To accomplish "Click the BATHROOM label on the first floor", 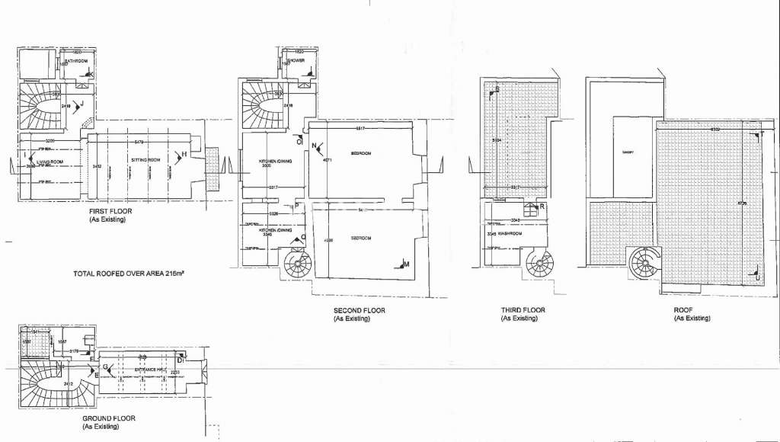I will click(75, 61).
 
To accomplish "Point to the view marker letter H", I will click(184, 155).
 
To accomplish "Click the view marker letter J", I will click(80, 104).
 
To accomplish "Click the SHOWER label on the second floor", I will click(296, 60).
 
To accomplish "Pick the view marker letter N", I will click(314, 146).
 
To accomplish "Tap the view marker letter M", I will click(406, 264).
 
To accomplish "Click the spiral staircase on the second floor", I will click(296, 264).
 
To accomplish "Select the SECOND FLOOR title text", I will click(359, 310).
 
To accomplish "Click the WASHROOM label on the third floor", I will click(510, 233).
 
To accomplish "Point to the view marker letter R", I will click(542, 207).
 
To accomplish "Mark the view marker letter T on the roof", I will click(760, 136).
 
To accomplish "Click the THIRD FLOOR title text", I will click(523, 310).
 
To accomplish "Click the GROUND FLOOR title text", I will click(109, 418).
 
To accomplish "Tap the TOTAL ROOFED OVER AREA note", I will click(130, 273).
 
